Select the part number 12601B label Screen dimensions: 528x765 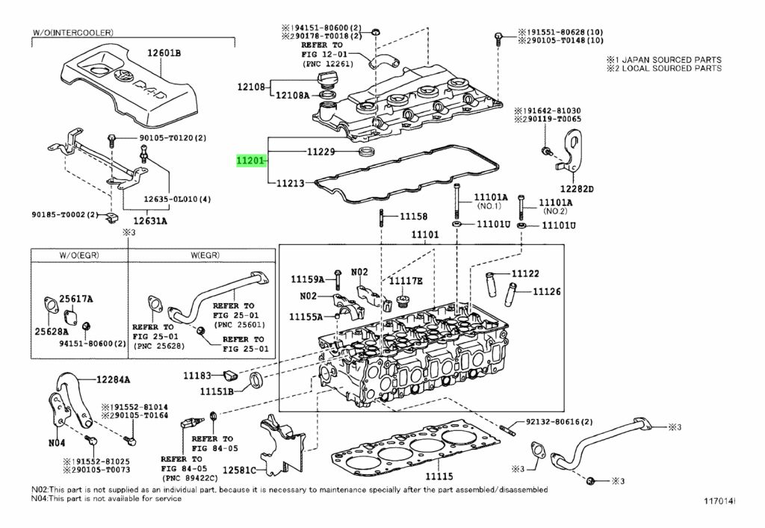[164, 52]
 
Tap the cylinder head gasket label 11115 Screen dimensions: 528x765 [439, 476]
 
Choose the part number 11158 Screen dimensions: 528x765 [413, 217]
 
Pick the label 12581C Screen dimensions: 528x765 [241, 470]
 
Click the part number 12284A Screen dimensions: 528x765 [112, 379]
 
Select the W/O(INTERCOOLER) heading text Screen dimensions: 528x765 [72, 33]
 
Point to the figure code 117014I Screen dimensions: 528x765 [718, 499]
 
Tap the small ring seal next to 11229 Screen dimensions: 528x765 [366, 152]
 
